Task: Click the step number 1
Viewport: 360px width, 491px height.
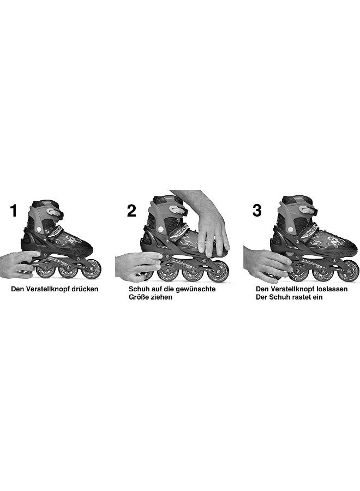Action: point(14,211)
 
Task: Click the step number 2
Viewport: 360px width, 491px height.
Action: point(131,211)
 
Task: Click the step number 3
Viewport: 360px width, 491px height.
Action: point(257,211)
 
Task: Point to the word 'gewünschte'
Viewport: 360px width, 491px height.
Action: point(197,289)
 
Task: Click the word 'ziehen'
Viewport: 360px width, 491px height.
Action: point(161,297)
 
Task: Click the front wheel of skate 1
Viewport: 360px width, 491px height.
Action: point(92,270)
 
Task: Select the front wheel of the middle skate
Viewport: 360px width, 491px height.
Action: point(218,271)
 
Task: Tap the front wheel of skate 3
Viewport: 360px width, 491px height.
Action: point(348,271)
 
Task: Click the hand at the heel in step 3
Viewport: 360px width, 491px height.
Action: point(265,263)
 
